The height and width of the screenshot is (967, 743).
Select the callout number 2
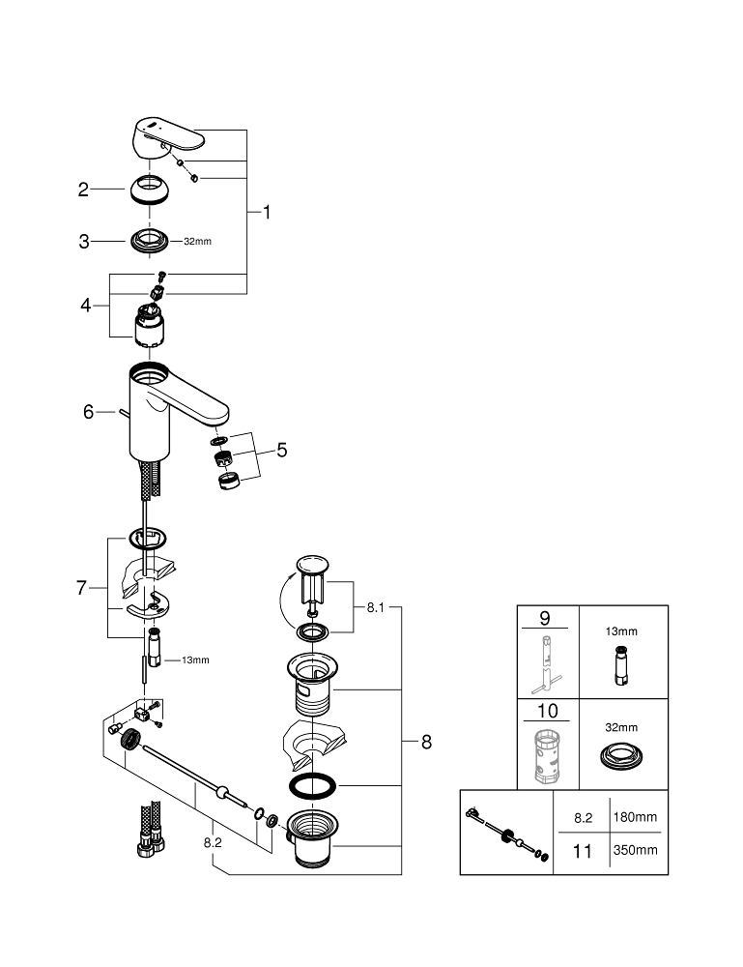point(84,190)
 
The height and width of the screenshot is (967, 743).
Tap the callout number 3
point(84,242)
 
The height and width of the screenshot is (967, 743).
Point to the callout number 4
point(86,305)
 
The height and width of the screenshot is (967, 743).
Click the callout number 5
point(281,450)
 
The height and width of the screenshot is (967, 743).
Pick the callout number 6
point(88,412)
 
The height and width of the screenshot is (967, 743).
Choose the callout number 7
point(83,587)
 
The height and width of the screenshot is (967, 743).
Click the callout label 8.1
point(375,608)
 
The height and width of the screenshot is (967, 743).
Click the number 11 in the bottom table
point(582,850)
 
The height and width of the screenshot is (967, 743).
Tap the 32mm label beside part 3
point(197,241)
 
